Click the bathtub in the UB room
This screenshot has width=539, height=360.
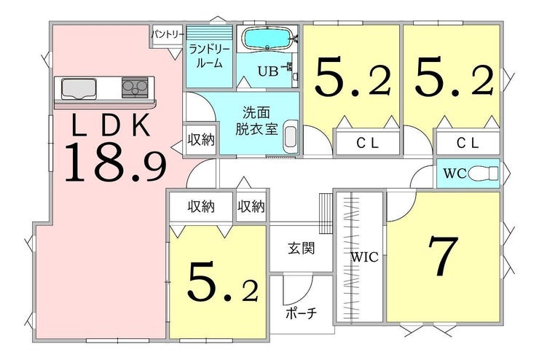pos(267,38)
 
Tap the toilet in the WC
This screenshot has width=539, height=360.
pos(483,173)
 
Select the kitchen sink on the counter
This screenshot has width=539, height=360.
pos(79,88)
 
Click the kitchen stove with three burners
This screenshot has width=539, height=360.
pos(135,87)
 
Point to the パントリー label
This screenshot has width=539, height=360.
pos(168,34)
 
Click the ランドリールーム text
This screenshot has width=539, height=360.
pos(209,56)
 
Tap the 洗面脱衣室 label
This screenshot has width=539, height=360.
pos(256,121)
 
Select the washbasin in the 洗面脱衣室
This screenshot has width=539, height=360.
pos(291,136)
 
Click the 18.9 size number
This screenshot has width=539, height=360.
pos(116,163)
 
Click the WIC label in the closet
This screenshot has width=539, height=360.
pos(364,257)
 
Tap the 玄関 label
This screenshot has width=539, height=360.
pos(301,248)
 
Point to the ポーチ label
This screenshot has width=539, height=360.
pos(301,313)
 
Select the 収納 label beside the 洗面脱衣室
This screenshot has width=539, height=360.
pos(201,139)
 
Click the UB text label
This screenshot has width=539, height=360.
pos(268,71)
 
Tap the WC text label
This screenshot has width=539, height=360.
pos(455,173)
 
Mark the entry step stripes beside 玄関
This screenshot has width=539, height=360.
pos(326,214)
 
